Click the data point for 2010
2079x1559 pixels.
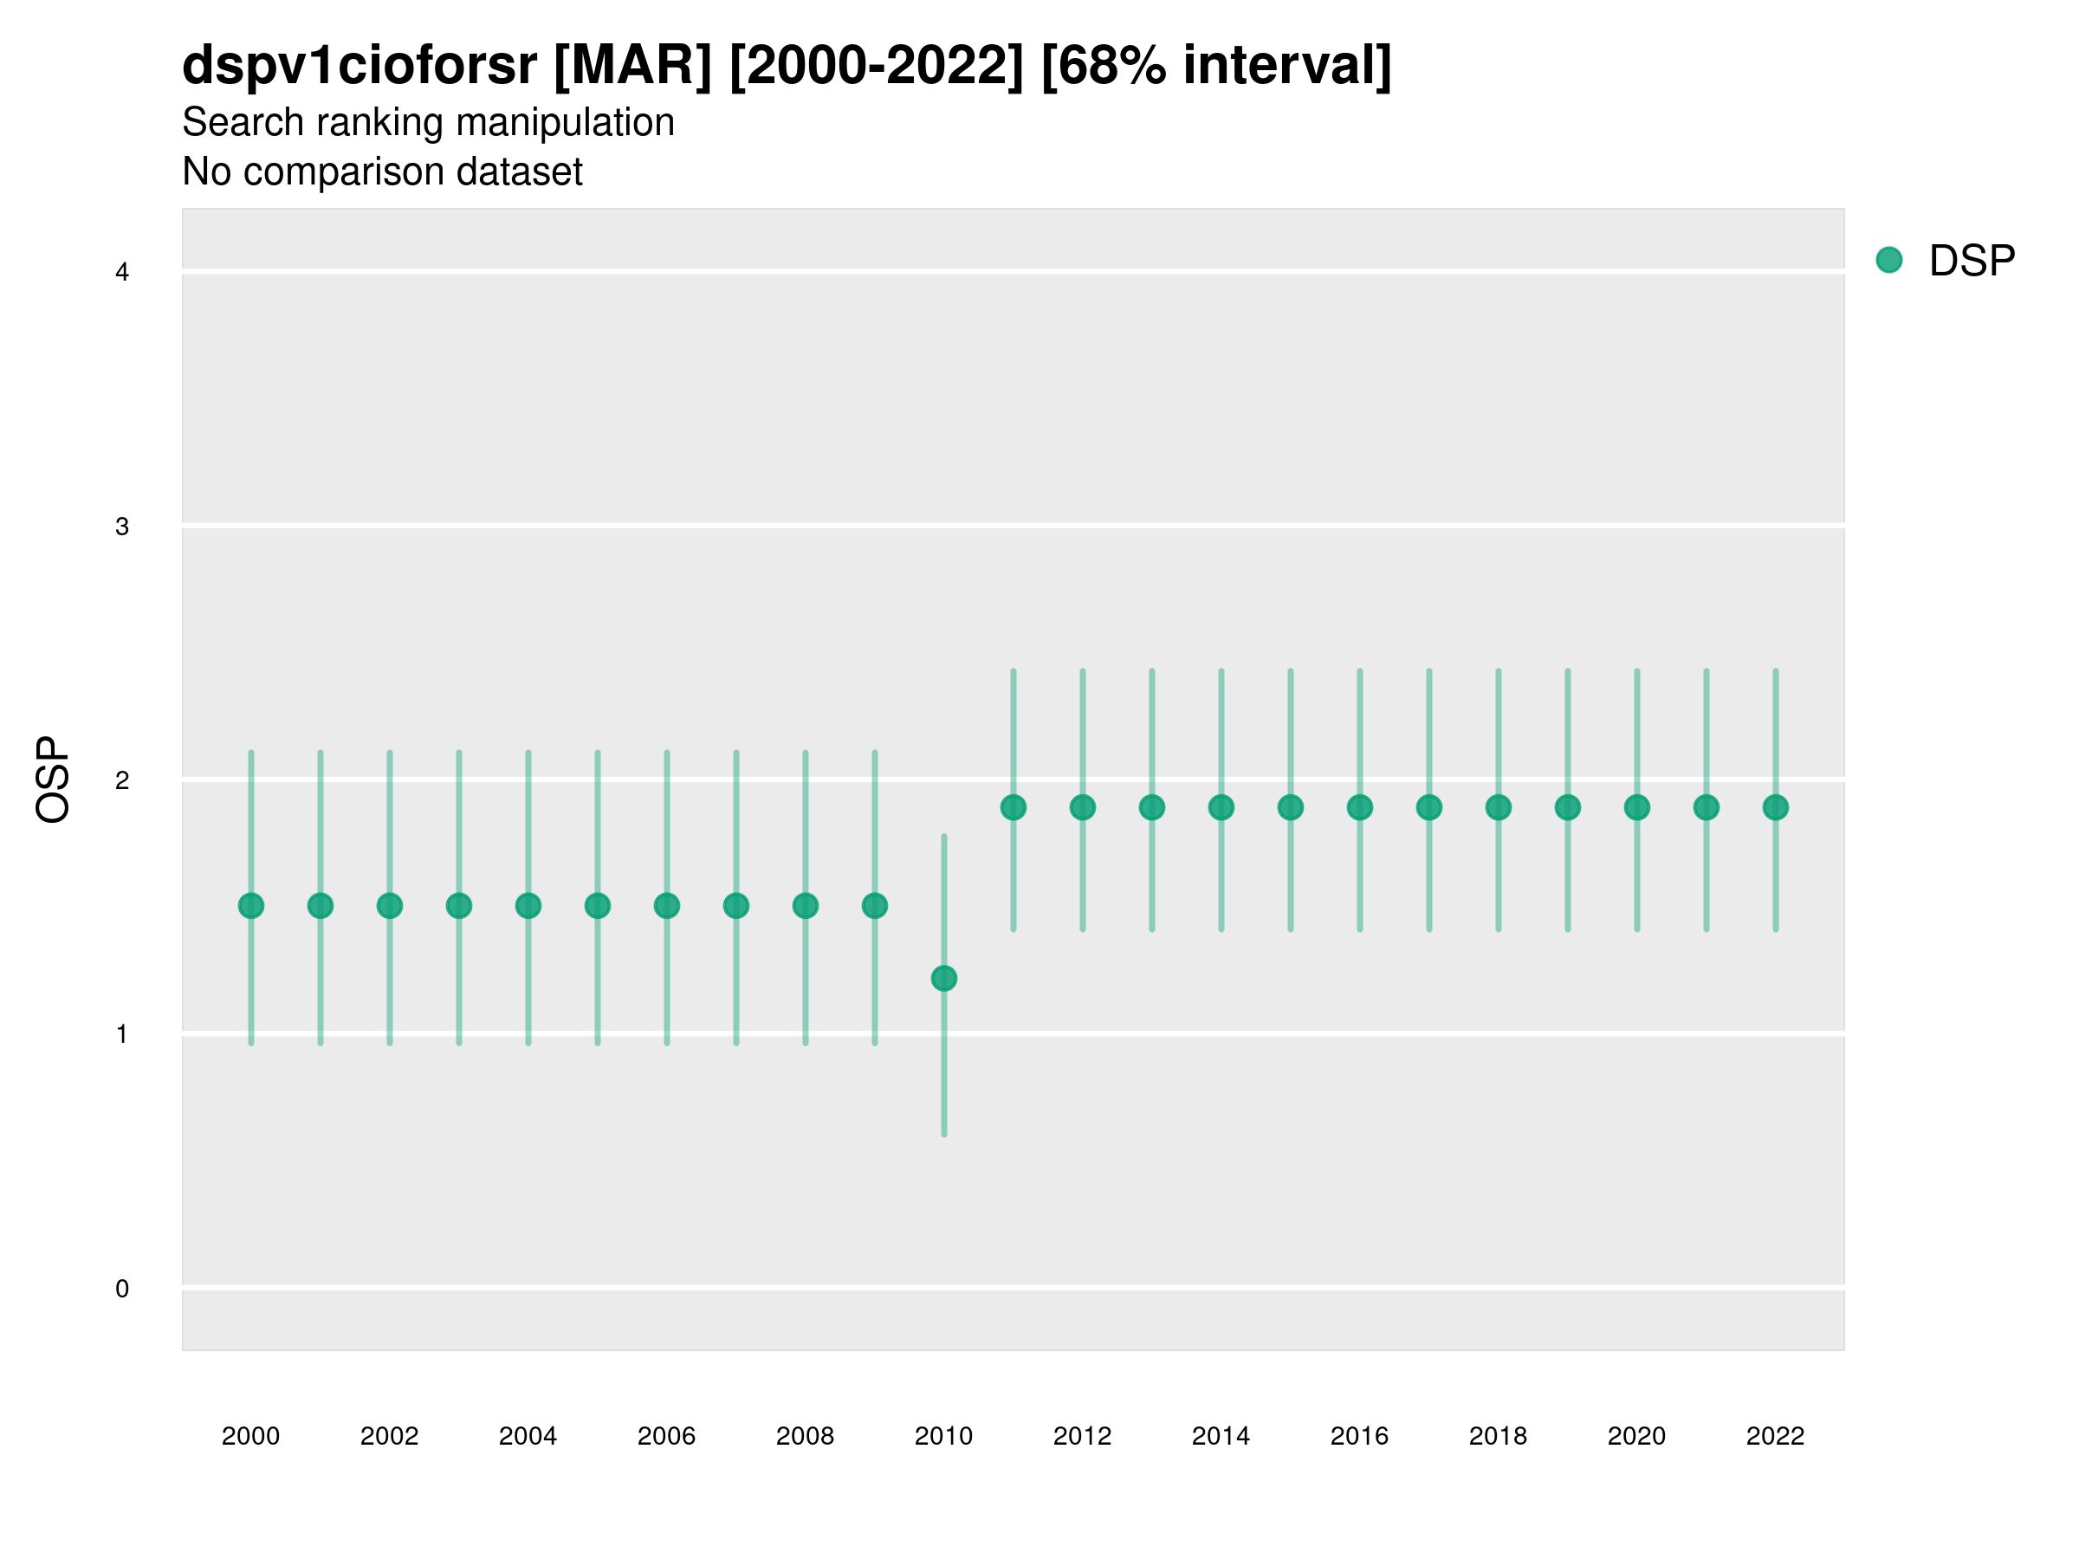point(943,978)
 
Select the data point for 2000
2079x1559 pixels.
point(251,906)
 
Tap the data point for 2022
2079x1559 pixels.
point(1776,807)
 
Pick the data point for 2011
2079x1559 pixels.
point(1014,807)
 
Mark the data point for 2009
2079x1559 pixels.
point(875,906)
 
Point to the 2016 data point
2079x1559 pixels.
point(1360,807)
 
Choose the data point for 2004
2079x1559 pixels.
point(528,906)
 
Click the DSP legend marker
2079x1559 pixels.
point(1889,261)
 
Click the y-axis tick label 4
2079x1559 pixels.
point(122,273)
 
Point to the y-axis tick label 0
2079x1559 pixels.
point(122,1289)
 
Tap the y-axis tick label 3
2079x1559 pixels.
point(122,527)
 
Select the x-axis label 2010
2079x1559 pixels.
point(943,1436)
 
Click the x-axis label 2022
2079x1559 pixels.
point(1776,1436)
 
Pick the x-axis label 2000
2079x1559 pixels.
point(251,1436)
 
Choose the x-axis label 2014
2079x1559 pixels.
point(1221,1436)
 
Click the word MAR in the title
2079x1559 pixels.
point(632,66)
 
